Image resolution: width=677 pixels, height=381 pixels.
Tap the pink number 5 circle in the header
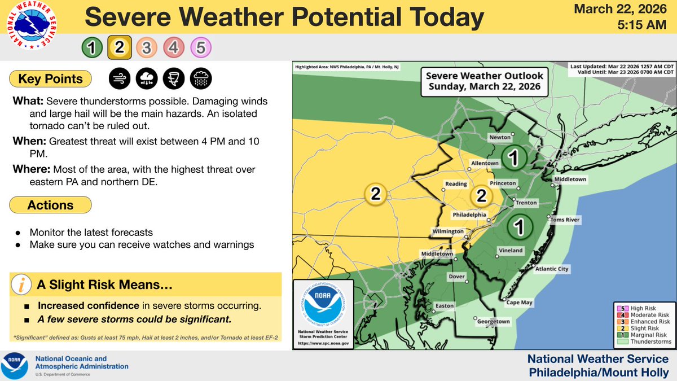201,48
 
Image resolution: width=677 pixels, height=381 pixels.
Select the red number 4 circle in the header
173,48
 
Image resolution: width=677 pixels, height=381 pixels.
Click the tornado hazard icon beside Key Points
173,78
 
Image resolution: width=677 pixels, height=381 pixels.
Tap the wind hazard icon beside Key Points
118,78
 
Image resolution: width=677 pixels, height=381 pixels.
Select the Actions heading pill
51,204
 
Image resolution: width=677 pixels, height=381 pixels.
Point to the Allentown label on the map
485,163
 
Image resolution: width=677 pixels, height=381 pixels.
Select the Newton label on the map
500,137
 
